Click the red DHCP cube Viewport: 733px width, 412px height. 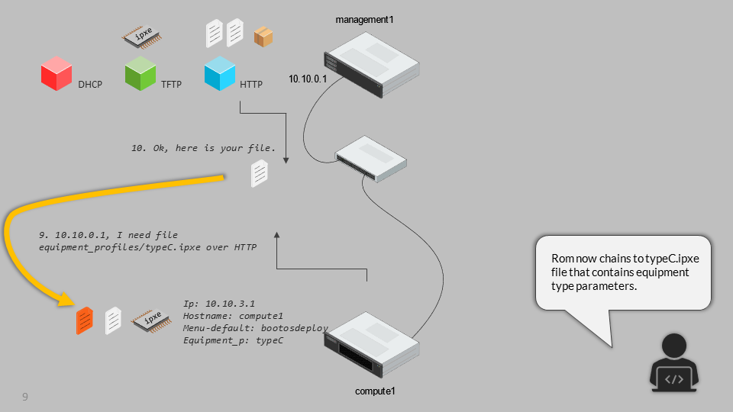coord(56,75)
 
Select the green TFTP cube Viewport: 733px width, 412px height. coord(140,74)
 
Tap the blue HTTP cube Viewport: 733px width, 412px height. coord(220,74)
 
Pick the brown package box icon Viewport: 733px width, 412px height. coord(263,36)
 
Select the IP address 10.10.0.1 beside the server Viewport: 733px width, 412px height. coord(308,79)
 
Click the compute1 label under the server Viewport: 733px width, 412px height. coord(375,391)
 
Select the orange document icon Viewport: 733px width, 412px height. coord(85,320)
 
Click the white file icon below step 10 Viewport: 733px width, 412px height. coord(260,174)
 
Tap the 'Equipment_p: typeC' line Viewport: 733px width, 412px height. coord(234,340)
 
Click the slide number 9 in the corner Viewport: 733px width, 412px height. coord(25,396)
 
